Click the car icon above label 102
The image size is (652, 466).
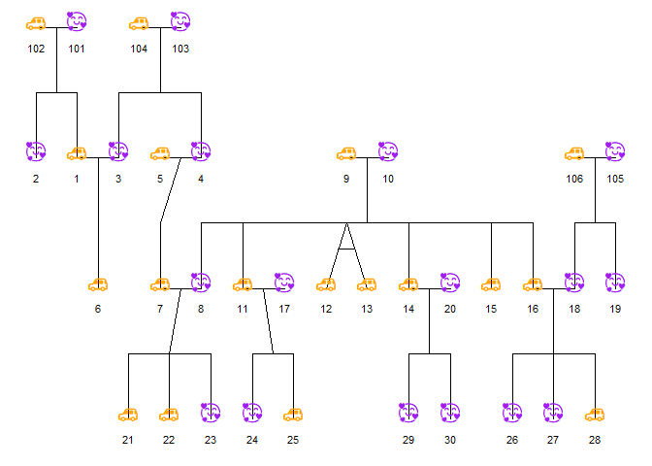point(36,22)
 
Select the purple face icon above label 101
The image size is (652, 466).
point(77,21)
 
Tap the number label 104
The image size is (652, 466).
point(139,49)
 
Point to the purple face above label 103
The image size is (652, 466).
point(180,21)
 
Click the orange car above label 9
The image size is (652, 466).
point(346,152)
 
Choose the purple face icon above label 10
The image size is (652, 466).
point(388,151)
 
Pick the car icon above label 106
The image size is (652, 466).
point(574,152)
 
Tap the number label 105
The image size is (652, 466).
point(615,179)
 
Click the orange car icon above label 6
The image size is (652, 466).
point(97,284)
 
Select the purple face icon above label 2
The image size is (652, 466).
point(36,151)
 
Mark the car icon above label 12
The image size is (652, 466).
point(326,284)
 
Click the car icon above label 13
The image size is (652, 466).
point(367,284)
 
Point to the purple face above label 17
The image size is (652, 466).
point(284,283)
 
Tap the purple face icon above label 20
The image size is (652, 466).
point(449,283)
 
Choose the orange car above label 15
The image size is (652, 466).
point(491,284)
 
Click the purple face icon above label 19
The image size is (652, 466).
point(615,283)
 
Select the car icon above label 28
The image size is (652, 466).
point(595,415)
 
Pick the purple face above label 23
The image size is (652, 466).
point(211,414)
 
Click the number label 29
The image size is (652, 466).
point(408,441)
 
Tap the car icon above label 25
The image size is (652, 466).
point(293,415)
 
